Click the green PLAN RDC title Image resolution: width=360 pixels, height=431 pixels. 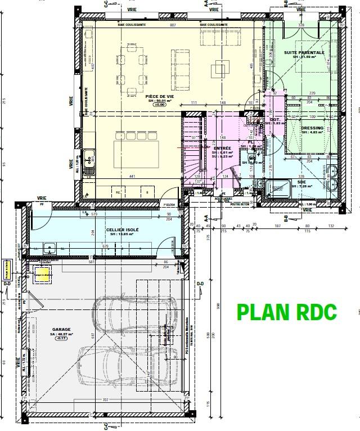[x=287, y=311]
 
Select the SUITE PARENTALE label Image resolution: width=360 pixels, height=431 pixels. [x=304, y=52]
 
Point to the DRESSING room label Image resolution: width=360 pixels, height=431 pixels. [x=312, y=128]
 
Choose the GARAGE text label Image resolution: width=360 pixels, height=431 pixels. [x=61, y=329]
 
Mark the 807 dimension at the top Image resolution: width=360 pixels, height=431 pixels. [x=173, y=25]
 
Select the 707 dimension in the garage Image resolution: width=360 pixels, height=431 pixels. [x=105, y=399]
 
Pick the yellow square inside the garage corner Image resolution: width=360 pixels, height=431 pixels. [x=43, y=274]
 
